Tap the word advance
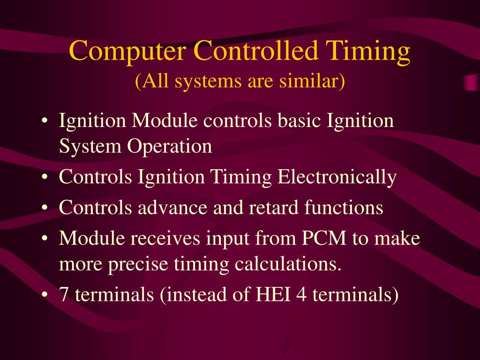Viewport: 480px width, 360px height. [x=173, y=207]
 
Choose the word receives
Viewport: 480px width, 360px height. [x=165, y=239]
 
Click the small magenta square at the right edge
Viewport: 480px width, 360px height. [x=472, y=82]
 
